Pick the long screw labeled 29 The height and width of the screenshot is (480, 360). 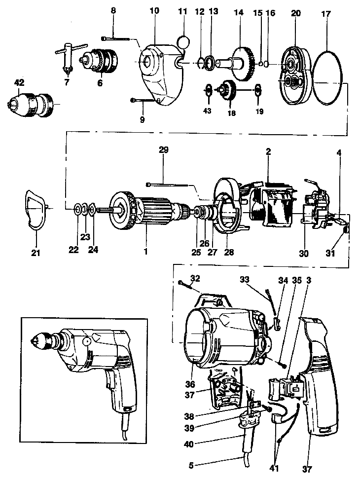point(168,185)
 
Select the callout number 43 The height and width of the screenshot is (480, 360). point(207,111)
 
